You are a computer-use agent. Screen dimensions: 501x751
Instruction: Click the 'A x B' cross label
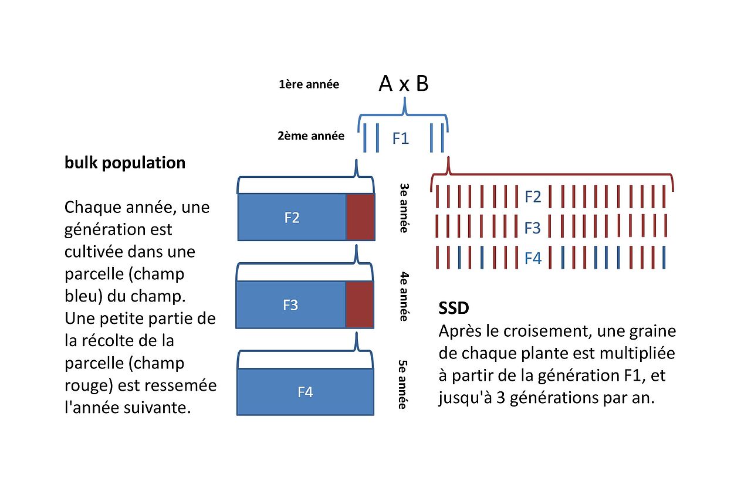[404, 84]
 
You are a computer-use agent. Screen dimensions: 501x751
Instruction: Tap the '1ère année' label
[309, 84]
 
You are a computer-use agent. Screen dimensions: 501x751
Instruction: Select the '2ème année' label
[311, 136]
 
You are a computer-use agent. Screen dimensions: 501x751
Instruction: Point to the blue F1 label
[401, 140]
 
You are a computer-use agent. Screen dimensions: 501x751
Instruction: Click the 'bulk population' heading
[125, 163]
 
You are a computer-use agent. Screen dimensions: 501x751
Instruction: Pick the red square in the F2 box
[360, 217]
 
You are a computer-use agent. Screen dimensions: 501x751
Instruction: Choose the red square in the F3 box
[359, 304]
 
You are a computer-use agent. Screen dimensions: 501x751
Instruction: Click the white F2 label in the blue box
[292, 218]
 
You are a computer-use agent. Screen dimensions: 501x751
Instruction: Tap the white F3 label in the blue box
[290, 305]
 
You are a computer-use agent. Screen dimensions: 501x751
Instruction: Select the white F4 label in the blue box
[306, 392]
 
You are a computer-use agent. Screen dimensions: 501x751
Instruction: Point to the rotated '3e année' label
[404, 208]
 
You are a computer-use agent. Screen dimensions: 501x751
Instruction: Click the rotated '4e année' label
[404, 296]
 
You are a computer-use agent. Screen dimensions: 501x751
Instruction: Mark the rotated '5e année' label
[404, 384]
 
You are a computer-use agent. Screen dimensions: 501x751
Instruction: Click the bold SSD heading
[454, 308]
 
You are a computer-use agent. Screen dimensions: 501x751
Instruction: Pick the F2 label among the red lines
[533, 197]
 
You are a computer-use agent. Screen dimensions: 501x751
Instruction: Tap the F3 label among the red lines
[533, 227]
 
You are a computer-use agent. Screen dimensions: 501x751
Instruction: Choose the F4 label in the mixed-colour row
[533, 258]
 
